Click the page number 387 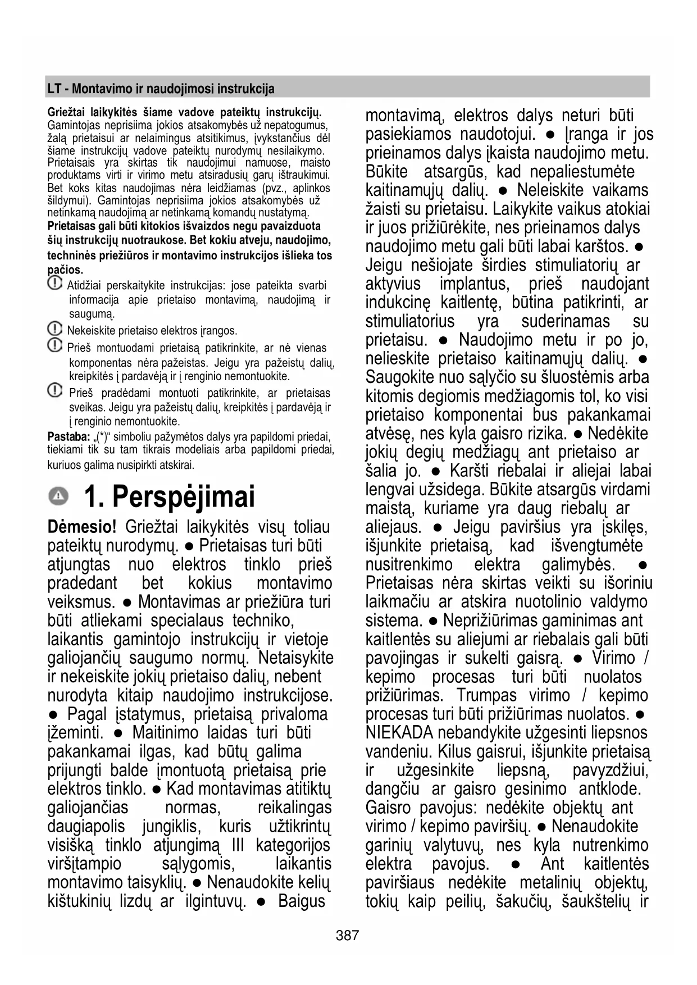coord(347,935)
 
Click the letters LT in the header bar coord(54,89)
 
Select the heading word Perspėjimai coord(183,496)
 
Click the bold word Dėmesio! coord(82,527)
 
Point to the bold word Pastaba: coord(69,437)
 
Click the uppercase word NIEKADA coord(399,732)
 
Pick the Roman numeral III coord(239,845)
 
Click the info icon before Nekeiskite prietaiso coord(55,329)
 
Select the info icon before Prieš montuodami coord(55,346)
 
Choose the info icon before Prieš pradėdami coord(55,391)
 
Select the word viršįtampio coord(84,864)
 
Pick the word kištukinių coord(79,901)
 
